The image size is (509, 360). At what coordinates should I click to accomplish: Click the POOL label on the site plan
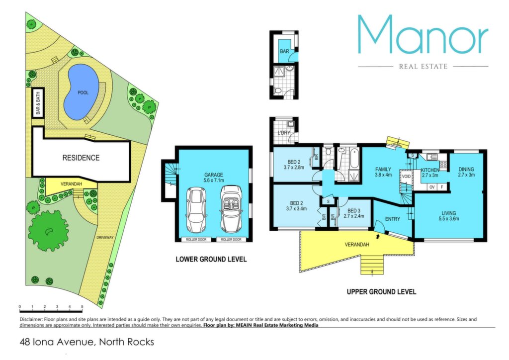click(83, 92)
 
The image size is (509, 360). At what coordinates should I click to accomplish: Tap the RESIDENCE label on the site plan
click(81, 158)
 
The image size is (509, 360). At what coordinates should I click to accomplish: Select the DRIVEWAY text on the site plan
click(105, 237)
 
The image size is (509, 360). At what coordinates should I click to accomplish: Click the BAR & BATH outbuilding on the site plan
click(38, 103)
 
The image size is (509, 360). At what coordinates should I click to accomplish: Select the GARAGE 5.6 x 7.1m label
click(213, 177)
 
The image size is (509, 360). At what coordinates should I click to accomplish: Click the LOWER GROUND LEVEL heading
click(211, 260)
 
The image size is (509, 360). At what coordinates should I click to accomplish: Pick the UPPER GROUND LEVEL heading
click(381, 292)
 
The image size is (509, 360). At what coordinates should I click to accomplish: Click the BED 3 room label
click(354, 213)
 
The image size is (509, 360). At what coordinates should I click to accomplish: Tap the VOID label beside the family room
click(406, 176)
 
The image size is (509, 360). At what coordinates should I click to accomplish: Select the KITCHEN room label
click(430, 173)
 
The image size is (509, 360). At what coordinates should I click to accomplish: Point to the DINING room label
click(466, 172)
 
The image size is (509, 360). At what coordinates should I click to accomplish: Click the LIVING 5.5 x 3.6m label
click(449, 216)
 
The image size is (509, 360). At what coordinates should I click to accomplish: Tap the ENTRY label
click(393, 219)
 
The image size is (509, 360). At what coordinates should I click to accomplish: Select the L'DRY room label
click(284, 133)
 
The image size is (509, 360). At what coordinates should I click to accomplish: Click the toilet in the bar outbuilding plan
click(277, 91)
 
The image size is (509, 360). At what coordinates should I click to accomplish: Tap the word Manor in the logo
click(423, 35)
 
